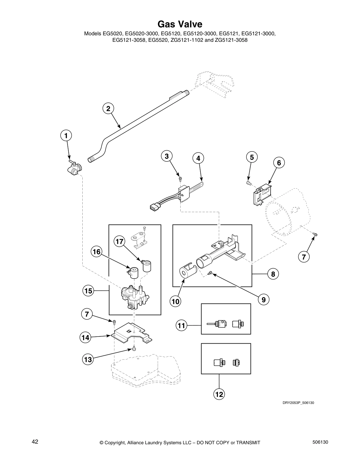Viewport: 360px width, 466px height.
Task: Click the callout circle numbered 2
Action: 108,109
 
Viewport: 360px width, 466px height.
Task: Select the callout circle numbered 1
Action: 66,136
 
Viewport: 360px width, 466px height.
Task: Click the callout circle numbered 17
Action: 119,242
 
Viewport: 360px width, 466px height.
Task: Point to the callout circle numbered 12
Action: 219,394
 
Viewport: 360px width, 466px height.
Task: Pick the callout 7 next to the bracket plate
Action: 87,314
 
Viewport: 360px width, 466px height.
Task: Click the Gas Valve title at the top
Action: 180,24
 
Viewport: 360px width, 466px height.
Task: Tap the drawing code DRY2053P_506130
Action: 298,403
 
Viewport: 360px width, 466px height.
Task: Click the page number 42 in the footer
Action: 35,442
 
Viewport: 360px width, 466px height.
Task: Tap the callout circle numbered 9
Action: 264,299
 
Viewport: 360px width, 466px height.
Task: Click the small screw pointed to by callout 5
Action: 248,183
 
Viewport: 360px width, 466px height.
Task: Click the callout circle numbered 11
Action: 182,325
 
